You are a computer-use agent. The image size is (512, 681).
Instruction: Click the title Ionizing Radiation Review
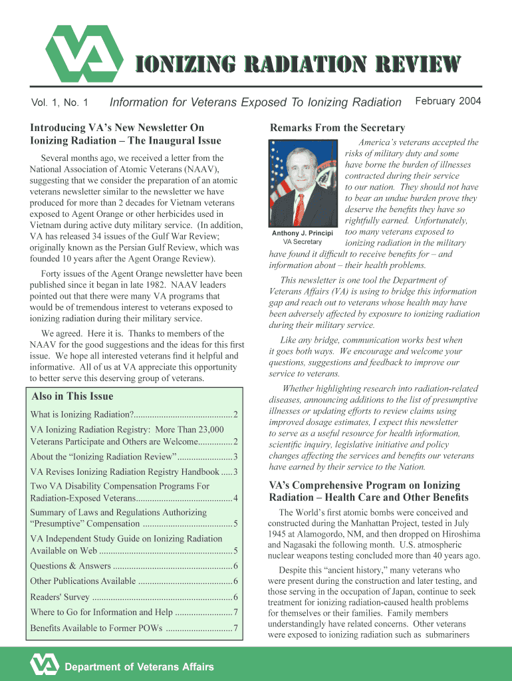299,64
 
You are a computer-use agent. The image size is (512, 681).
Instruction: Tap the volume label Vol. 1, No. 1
60,102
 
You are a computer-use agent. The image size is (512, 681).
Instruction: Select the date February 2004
448,101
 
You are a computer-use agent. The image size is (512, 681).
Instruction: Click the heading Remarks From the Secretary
336,128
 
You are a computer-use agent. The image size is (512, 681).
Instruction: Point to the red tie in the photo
300,207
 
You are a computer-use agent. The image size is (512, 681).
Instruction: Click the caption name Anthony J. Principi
303,233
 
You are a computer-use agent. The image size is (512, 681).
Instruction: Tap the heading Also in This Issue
72,396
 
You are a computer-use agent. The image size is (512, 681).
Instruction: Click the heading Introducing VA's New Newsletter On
117,128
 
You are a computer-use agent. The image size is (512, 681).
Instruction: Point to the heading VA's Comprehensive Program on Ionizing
364,485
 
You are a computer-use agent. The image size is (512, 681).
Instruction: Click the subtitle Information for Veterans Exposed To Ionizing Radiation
255,102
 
